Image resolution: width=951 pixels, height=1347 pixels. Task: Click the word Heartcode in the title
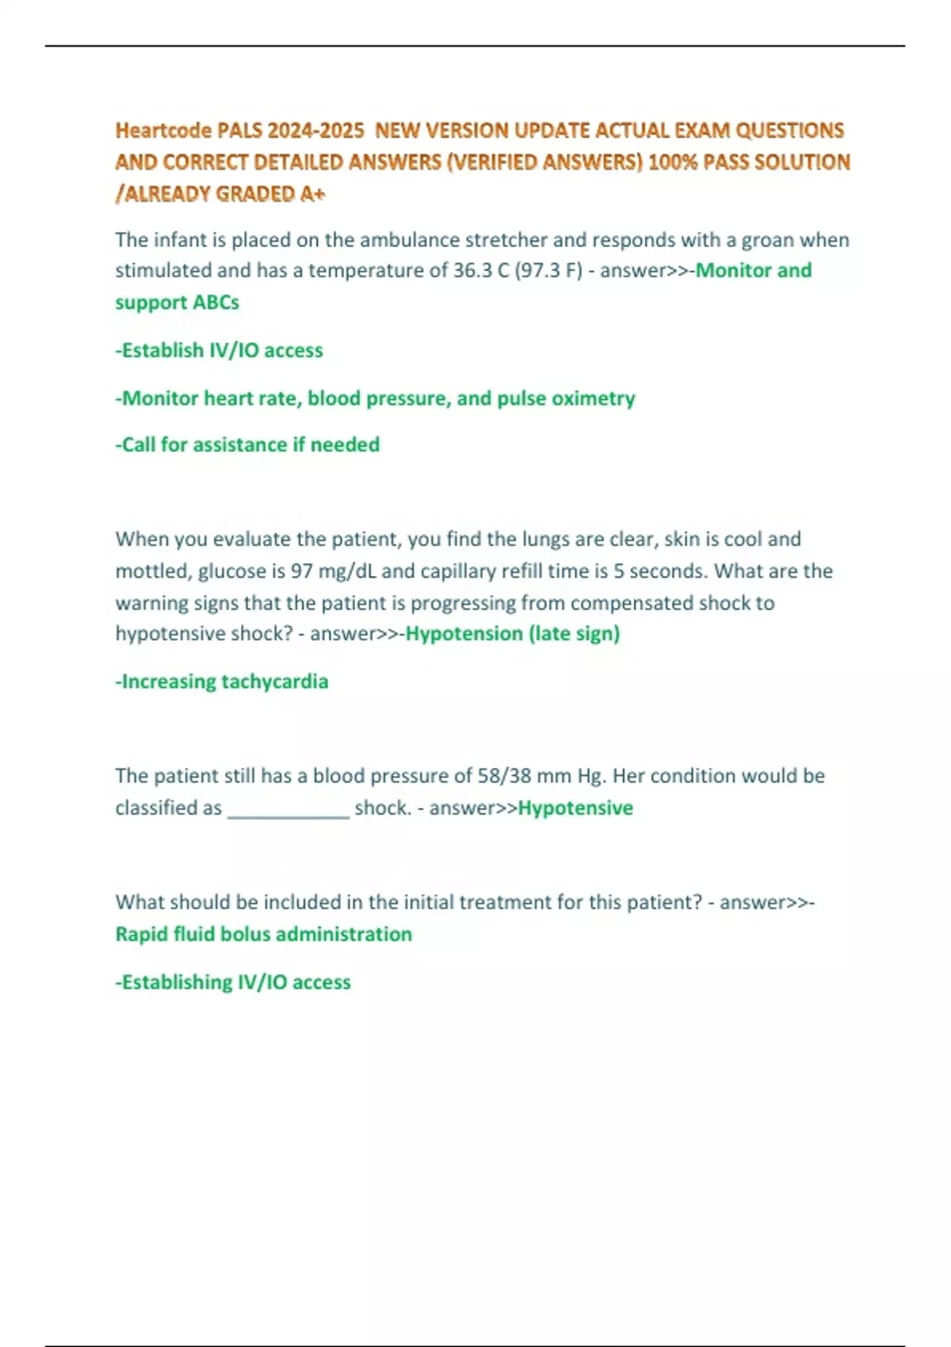163,130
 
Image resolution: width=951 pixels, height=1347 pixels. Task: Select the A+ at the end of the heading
313,194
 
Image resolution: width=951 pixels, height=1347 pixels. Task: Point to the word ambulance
409,240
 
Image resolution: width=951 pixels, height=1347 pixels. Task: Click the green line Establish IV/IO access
220,350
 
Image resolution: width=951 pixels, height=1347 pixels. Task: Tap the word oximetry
594,398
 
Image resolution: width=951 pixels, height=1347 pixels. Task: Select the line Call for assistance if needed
247,445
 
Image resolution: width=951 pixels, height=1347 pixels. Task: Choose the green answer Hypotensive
575,808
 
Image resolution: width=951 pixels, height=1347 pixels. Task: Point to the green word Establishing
177,983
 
